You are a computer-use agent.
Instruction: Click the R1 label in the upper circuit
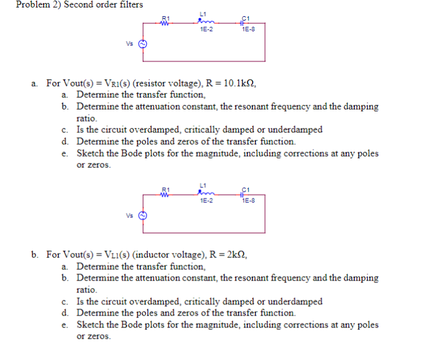pos(166,18)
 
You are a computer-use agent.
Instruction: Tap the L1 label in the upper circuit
pos(203,13)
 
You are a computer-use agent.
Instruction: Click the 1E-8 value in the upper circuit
pos(248,29)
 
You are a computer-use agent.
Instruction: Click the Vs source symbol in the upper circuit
pos(142,44)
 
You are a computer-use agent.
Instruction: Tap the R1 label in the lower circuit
pos(166,189)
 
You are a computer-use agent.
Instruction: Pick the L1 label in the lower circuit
pos(203,185)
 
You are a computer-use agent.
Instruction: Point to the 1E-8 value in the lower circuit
pos(248,200)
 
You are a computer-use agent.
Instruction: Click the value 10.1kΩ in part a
pos(237,83)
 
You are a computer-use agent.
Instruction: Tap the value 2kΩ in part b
pos(235,254)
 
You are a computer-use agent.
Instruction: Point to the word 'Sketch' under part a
pos(91,153)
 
